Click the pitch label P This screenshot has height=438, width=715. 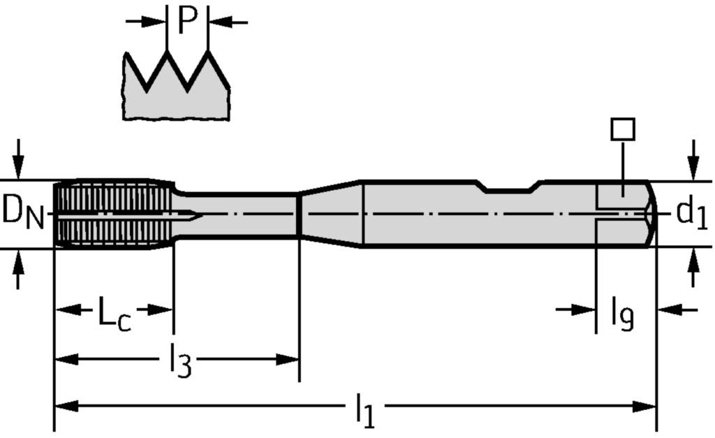[188, 21]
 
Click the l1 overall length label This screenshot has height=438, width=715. [364, 410]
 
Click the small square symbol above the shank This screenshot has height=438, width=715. [621, 130]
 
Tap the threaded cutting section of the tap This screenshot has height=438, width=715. [112, 212]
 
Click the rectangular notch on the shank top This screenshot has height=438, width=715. [510, 187]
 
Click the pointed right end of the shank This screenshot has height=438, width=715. [654, 213]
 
